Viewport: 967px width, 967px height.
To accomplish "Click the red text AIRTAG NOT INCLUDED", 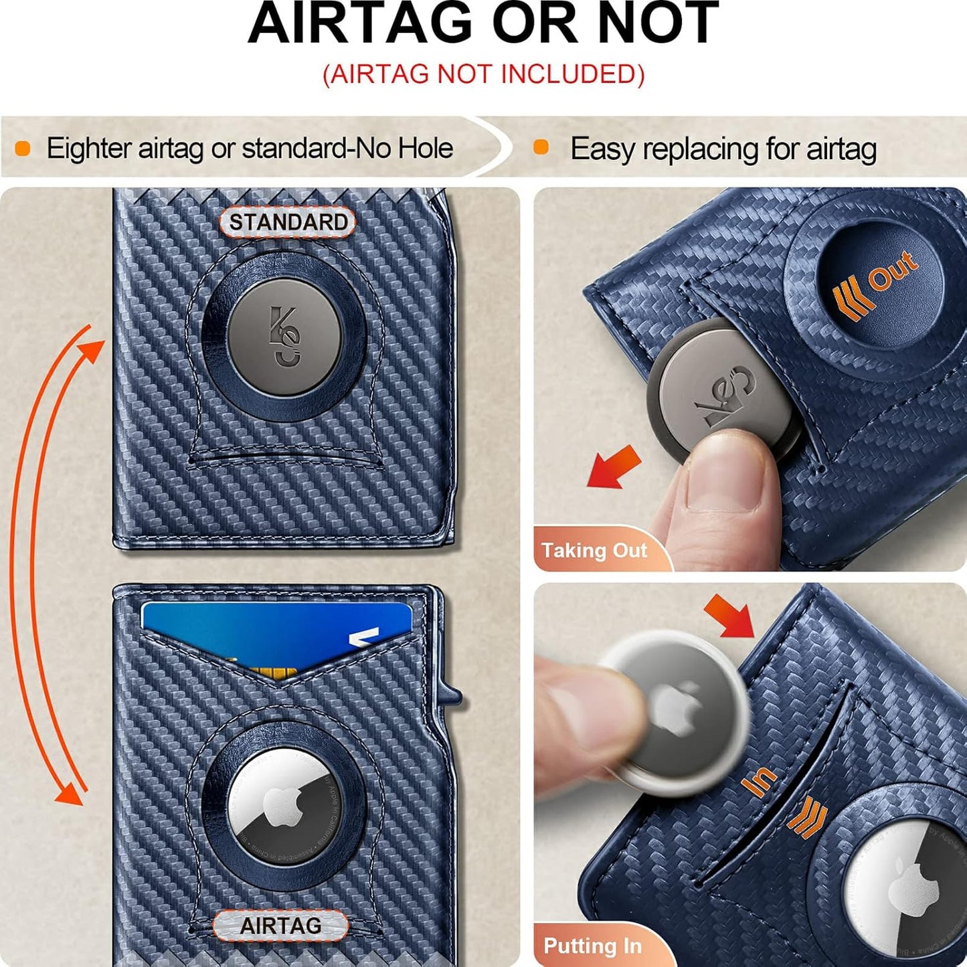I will coord(483,74).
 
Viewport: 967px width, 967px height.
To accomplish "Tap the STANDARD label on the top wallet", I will coord(288,223).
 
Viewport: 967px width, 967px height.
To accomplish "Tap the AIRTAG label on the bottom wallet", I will coord(280,926).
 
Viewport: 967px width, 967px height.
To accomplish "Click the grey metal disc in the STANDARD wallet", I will coord(284,337).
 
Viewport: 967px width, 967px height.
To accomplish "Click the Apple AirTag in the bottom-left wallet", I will coord(284,807).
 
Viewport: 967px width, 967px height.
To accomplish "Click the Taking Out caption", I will coord(594,550).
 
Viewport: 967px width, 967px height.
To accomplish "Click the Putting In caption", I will coord(592,946).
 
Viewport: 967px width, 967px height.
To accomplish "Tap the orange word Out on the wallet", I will coord(893,271).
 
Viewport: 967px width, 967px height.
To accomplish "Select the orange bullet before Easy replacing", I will coord(541,148).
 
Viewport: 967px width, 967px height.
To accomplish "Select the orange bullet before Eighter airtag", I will coord(23,148).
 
